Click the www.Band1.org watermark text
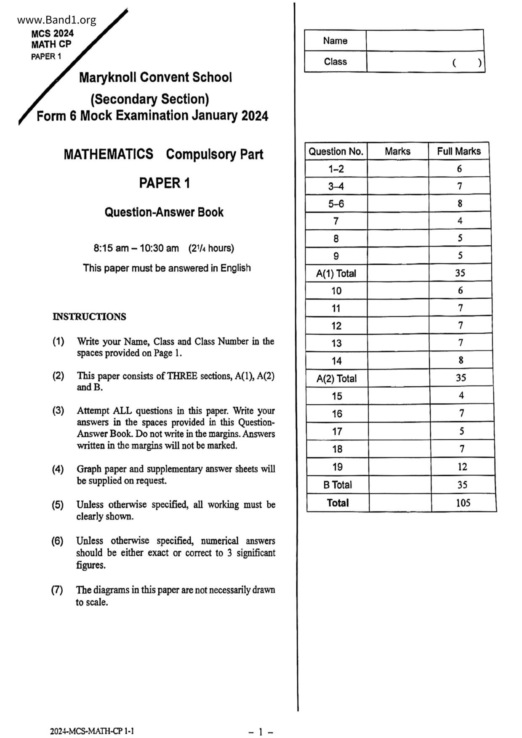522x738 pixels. (57, 20)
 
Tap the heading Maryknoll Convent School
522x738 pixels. (155, 77)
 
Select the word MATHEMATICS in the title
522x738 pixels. (109, 154)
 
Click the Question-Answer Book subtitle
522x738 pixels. (164, 212)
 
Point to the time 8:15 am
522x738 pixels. (111, 248)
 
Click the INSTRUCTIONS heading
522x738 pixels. (89, 317)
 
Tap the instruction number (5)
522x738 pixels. (58, 504)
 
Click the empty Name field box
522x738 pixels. (424, 41)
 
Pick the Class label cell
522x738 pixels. (336, 62)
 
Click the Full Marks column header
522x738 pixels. (459, 151)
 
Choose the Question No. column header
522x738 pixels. (336, 151)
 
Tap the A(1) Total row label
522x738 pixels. (336, 273)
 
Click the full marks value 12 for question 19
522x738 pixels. (462, 467)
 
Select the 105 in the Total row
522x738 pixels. (463, 503)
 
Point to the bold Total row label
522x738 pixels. (338, 503)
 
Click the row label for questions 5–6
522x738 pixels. (336, 204)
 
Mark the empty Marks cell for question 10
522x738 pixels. (398, 291)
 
